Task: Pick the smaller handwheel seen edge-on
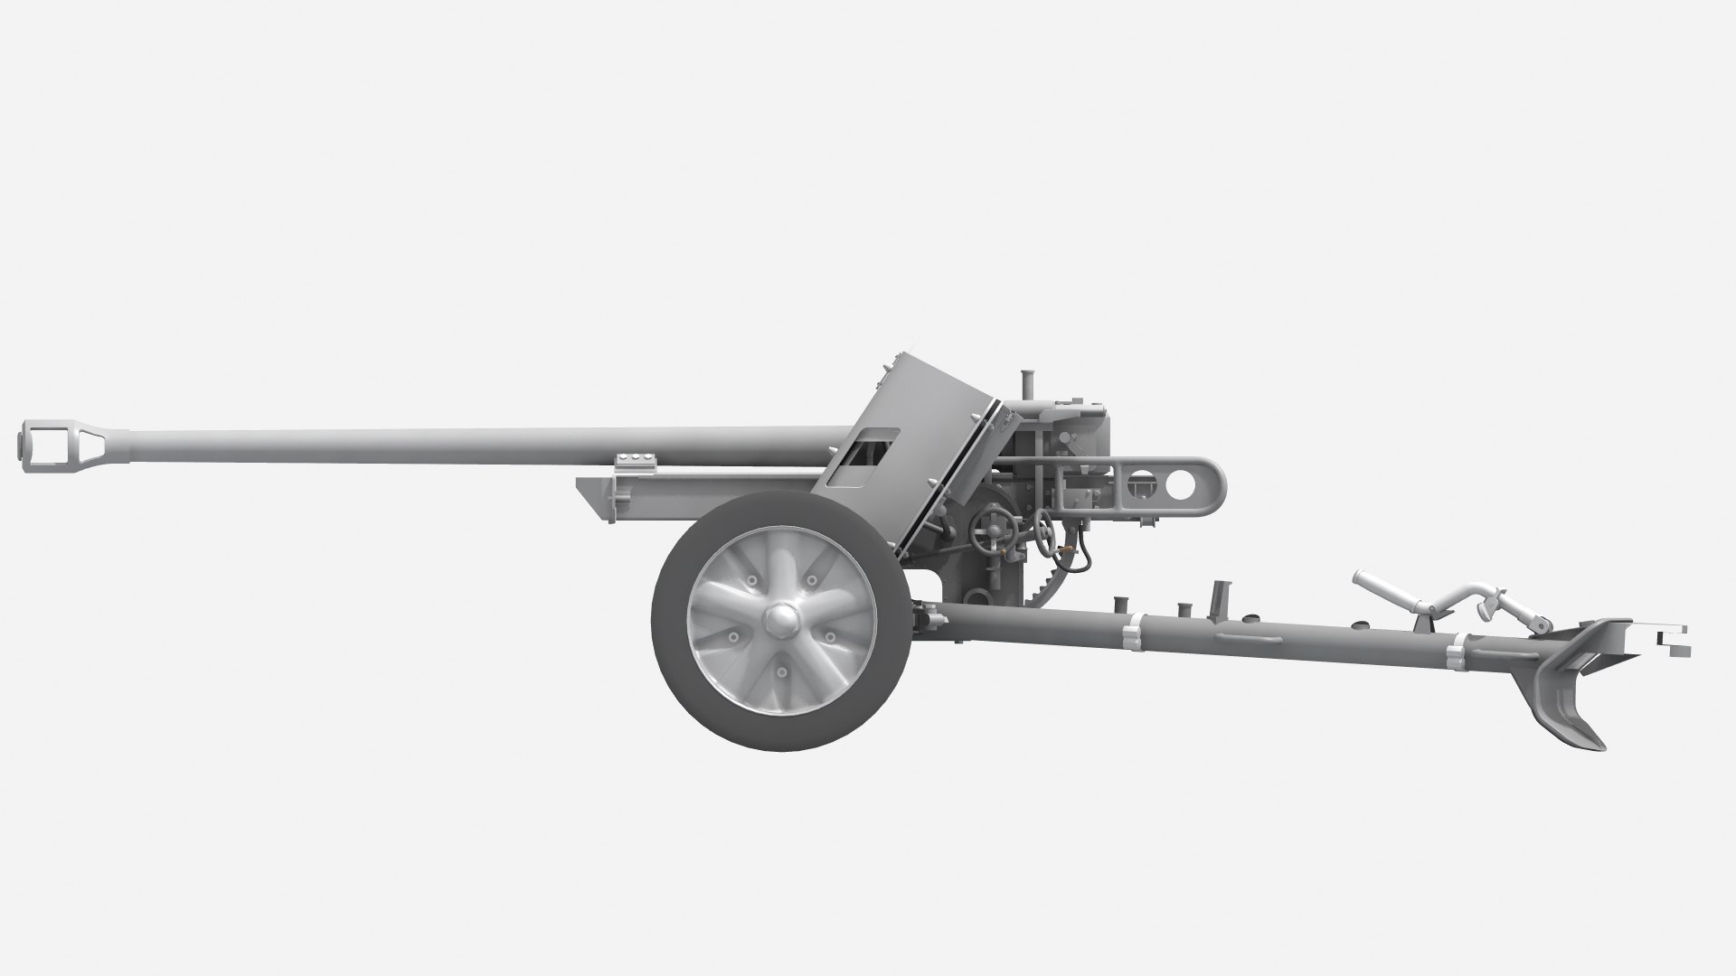pos(1046,536)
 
